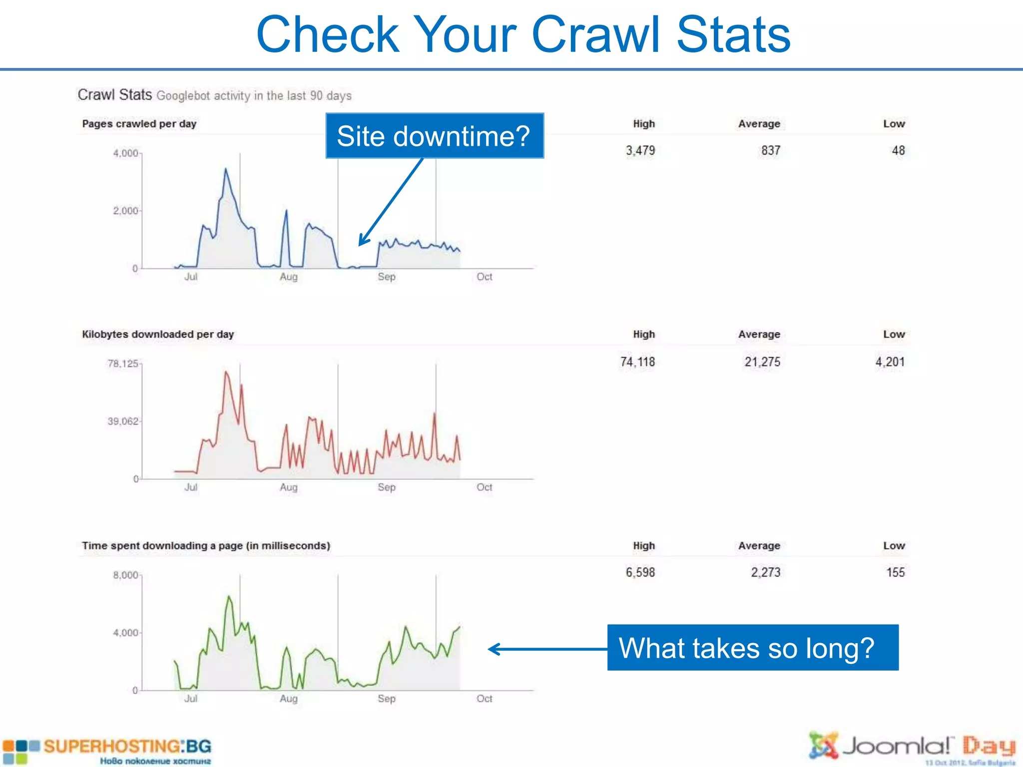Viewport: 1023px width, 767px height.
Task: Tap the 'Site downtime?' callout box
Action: tap(434, 136)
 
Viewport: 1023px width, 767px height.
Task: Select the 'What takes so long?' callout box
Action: tap(752, 648)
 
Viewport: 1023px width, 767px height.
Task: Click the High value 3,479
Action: tap(640, 150)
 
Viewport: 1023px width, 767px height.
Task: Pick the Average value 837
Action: tap(770, 150)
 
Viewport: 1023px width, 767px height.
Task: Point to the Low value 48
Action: tap(898, 150)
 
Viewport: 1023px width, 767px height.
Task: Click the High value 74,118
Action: tap(637, 362)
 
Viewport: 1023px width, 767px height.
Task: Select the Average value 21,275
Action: tap(762, 362)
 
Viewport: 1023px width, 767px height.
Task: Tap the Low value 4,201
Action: tap(890, 362)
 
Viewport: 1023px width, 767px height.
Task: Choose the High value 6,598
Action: tap(640, 572)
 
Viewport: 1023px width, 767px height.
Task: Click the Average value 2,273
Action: tap(765, 572)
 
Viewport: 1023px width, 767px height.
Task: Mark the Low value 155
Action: tap(895, 572)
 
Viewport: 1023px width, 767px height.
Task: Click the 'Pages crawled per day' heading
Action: tap(139, 124)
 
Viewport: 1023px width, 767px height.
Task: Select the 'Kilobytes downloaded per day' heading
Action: tap(158, 335)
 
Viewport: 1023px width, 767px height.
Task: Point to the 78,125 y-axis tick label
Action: tap(122, 364)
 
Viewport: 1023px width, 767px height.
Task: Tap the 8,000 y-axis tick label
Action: tap(125, 575)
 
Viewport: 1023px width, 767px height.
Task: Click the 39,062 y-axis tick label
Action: tap(122, 421)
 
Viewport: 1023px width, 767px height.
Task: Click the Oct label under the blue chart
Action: tap(484, 277)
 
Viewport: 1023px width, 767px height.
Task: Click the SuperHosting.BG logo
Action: tap(107, 751)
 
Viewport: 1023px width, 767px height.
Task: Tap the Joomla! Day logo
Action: tap(912, 748)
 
